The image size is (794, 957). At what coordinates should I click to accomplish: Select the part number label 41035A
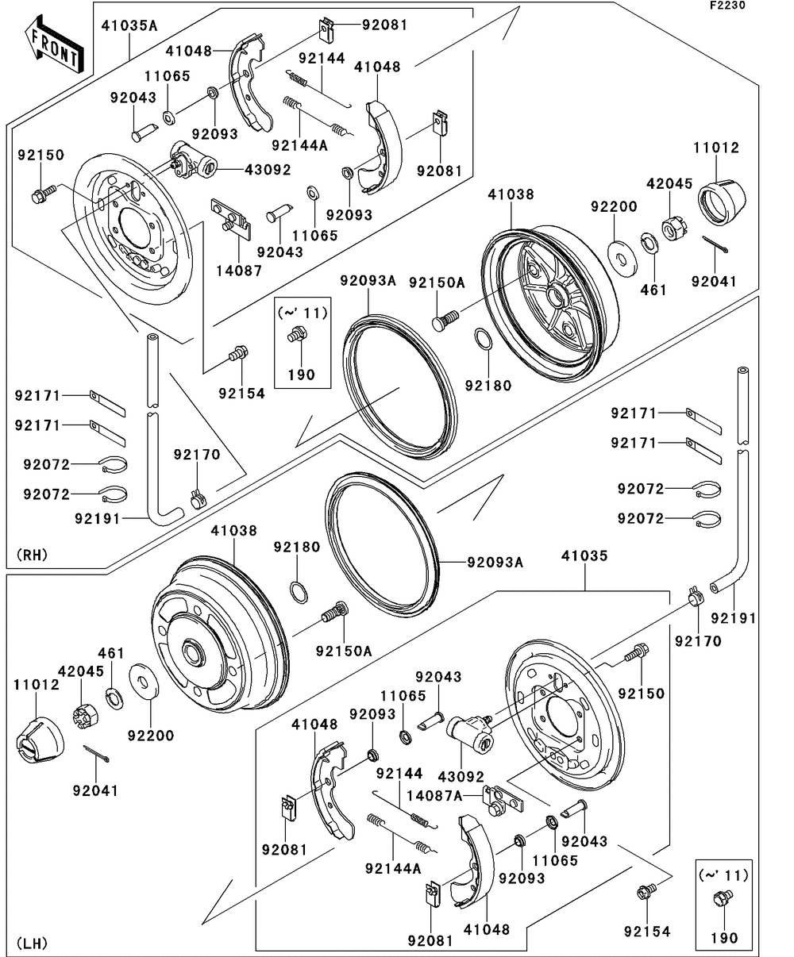click(x=129, y=25)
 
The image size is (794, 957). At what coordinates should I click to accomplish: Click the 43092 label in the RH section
click(x=267, y=170)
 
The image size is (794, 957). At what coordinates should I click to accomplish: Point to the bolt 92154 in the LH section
click(x=645, y=892)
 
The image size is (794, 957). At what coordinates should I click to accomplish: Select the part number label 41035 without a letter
click(x=585, y=555)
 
